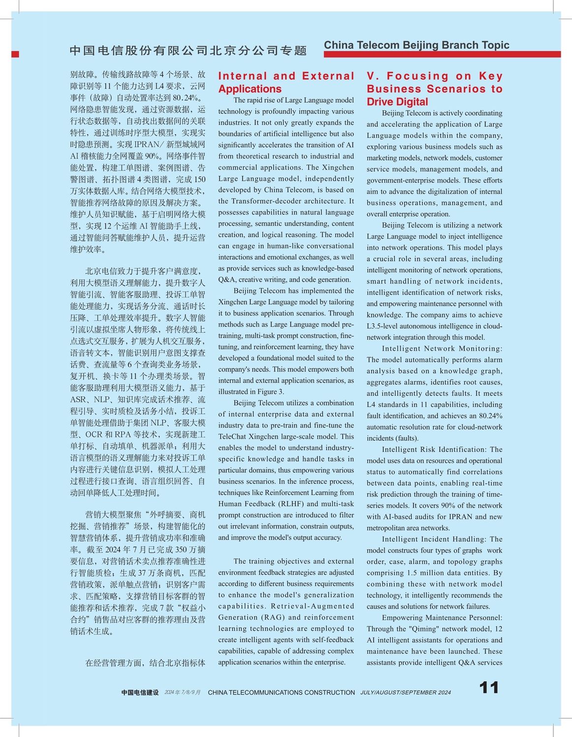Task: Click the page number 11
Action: click(489, 687)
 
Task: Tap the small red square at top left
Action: click(15, 54)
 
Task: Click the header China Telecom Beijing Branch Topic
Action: click(417, 45)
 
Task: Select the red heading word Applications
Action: click(250, 89)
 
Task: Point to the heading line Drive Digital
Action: click(397, 102)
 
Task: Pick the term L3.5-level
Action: click(385, 326)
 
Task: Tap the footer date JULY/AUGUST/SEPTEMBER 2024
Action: click(405, 692)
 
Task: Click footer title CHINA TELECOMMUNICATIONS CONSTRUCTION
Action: click(281, 692)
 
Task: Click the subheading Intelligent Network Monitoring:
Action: click(442, 348)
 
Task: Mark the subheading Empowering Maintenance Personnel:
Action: click(442, 618)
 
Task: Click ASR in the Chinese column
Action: click(78, 399)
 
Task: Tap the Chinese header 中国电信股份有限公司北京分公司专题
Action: click(188, 51)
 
